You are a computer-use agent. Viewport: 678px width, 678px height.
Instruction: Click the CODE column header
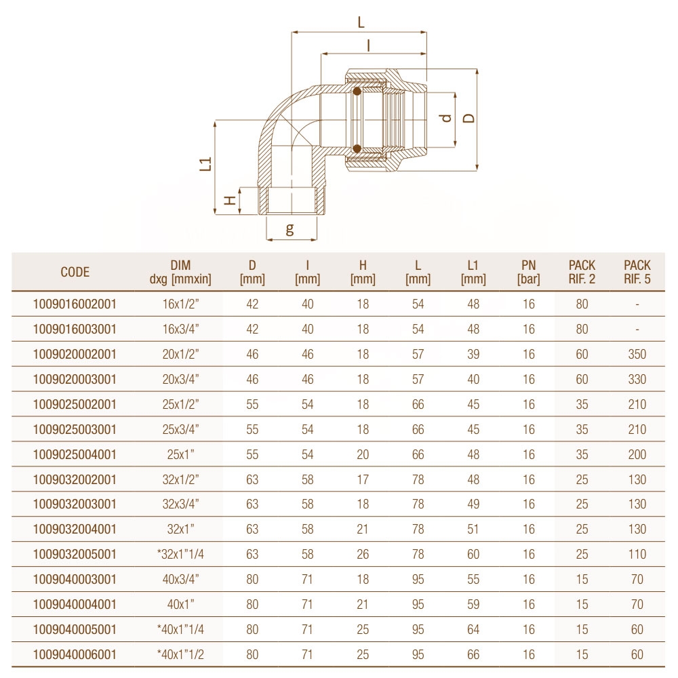(x=75, y=273)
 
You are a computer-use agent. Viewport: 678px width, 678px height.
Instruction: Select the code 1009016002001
(x=75, y=304)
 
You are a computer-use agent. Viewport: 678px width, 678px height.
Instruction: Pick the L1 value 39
(x=473, y=355)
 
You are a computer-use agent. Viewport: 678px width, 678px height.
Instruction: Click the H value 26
(x=363, y=555)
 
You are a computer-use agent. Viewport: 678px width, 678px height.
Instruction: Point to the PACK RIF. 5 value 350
(x=637, y=355)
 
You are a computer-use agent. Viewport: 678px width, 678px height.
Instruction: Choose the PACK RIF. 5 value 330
(x=637, y=380)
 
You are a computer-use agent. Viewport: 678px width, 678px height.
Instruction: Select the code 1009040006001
(x=75, y=655)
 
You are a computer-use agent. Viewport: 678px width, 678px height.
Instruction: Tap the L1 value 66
(x=473, y=655)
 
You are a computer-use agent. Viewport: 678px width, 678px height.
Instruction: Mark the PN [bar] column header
(x=529, y=273)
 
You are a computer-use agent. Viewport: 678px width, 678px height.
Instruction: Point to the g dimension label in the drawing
(x=290, y=229)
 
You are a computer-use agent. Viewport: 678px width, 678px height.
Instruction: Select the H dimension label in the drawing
(x=231, y=200)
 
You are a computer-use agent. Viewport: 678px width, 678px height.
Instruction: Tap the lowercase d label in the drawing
(x=445, y=118)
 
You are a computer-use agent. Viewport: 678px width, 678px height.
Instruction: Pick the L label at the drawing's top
(x=361, y=22)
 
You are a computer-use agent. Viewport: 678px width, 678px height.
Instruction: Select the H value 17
(x=363, y=480)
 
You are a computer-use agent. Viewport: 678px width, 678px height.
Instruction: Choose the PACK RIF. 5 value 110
(x=637, y=555)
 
